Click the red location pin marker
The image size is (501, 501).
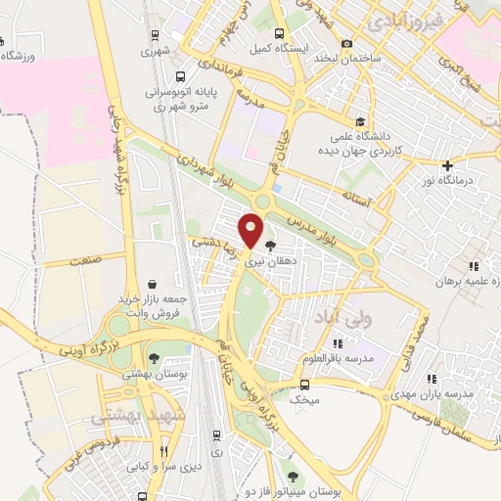tap(251, 232)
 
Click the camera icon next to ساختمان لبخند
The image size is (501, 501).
tap(347, 43)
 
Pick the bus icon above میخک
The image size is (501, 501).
tap(291, 384)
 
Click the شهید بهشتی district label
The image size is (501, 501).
tap(124, 416)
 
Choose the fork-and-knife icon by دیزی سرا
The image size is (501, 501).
tap(165, 451)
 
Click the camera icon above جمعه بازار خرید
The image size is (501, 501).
tap(152, 284)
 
